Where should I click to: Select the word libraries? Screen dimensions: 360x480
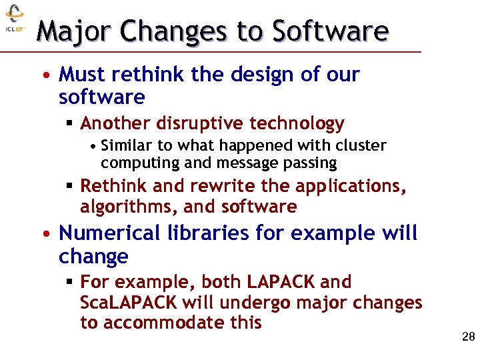[205, 233]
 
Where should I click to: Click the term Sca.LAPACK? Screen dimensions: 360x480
[128, 303]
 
